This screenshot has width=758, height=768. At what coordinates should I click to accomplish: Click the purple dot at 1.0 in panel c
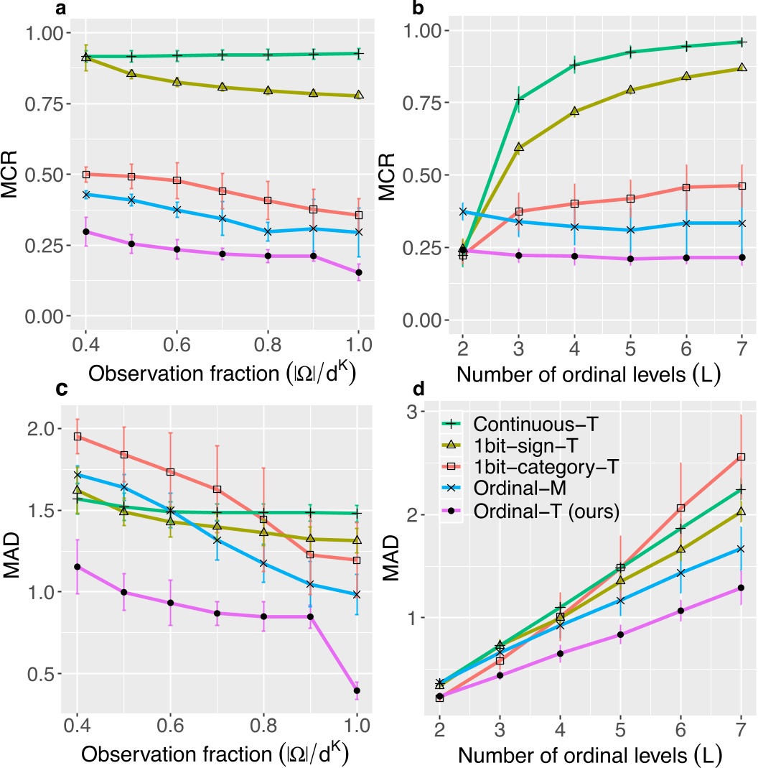click(x=356, y=690)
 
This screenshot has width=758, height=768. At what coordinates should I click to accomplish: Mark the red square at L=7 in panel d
click(x=741, y=456)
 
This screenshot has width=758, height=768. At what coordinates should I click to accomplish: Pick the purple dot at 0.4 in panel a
click(x=86, y=231)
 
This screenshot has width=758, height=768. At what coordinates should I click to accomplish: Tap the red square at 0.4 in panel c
click(x=78, y=436)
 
